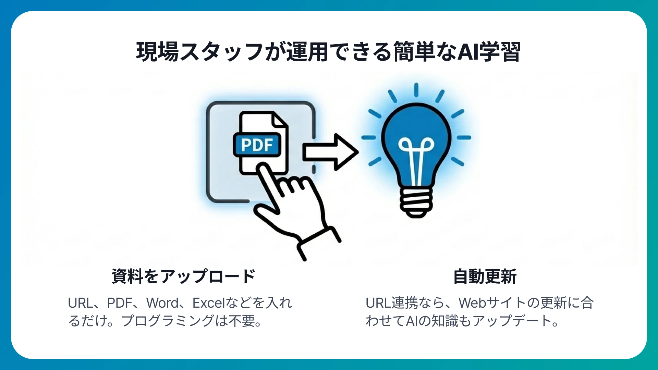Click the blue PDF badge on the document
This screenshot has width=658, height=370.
(257, 145)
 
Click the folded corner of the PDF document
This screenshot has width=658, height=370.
(279, 120)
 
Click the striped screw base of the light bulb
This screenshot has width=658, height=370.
(416, 202)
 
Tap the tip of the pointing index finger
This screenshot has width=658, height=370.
(263, 168)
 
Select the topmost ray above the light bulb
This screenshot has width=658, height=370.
(416, 90)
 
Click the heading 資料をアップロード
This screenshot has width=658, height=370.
(183, 276)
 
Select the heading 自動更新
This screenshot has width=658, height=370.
(485, 276)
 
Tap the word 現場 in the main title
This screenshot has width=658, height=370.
(157, 52)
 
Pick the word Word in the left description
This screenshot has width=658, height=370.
(162, 303)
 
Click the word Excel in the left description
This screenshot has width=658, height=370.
(208, 303)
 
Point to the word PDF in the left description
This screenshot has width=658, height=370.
(120, 303)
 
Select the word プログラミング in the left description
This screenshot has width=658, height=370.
(168, 321)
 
